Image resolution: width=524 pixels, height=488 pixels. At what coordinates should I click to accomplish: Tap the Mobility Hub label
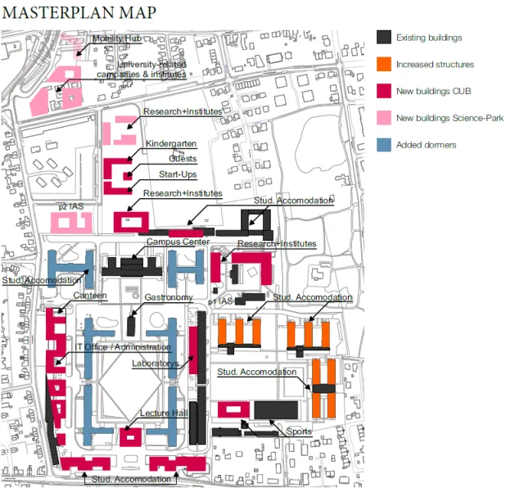tap(116, 38)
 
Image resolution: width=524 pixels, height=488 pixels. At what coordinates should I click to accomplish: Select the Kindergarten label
tap(171, 144)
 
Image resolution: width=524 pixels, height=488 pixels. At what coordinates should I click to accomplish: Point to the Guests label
tap(183, 159)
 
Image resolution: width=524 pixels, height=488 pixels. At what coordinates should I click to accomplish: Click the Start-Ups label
tap(178, 174)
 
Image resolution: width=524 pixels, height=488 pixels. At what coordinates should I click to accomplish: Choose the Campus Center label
tap(178, 242)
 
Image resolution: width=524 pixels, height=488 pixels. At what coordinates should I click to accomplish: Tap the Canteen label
tap(90, 296)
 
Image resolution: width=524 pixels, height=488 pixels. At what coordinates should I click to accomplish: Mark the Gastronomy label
tap(169, 297)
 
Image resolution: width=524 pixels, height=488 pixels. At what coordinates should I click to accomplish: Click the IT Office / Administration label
tap(123, 347)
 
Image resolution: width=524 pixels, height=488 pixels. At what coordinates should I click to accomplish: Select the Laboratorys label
tap(156, 364)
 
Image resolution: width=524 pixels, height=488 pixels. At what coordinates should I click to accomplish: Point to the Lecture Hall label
tap(164, 413)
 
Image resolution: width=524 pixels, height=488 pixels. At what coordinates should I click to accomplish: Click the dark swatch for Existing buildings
tap(383, 37)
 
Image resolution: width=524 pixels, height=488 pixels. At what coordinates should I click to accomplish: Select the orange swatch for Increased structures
tap(383, 64)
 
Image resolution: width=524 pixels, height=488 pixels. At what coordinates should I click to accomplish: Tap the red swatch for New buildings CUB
tap(383, 91)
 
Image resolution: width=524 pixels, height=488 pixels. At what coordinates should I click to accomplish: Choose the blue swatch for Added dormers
tap(383, 145)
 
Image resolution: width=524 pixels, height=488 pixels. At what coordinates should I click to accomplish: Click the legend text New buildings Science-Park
tap(449, 118)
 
